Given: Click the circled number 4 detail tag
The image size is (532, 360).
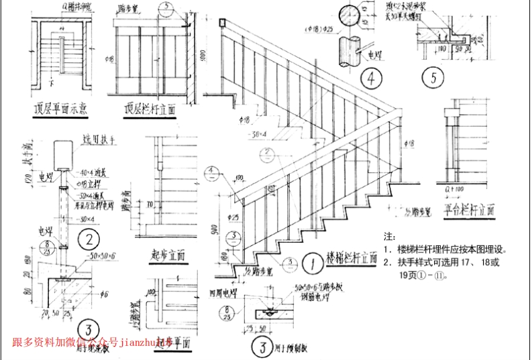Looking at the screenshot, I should [370, 78].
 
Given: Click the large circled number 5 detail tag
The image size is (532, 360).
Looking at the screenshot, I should [433, 78].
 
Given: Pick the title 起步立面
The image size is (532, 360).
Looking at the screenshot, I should [168, 255].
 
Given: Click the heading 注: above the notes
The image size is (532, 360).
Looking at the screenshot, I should [389, 237].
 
